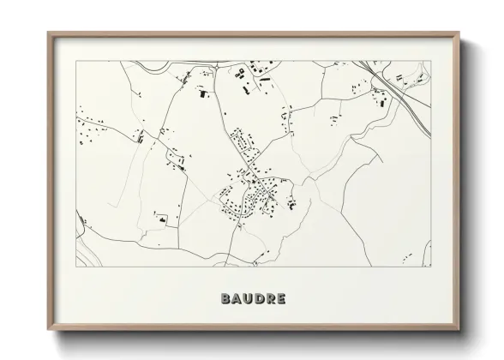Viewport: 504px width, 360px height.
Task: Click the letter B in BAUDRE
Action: click(225, 300)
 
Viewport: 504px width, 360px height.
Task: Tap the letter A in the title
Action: click(237, 300)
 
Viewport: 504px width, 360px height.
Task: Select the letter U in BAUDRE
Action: click(248, 300)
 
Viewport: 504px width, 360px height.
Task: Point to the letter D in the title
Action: click(259, 300)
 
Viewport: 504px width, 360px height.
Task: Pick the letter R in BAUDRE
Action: click(270, 300)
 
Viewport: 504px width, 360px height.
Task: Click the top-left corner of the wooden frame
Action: click(48, 33)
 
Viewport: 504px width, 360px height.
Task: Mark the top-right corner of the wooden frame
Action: click(460, 33)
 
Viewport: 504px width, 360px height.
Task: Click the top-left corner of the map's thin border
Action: click(77, 61)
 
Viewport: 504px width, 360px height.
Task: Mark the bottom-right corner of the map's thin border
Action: click(431, 267)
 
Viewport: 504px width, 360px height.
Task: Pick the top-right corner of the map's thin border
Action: click(431, 61)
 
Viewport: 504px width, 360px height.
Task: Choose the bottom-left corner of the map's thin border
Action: click(77, 267)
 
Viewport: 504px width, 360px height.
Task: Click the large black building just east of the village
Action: click(292, 204)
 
